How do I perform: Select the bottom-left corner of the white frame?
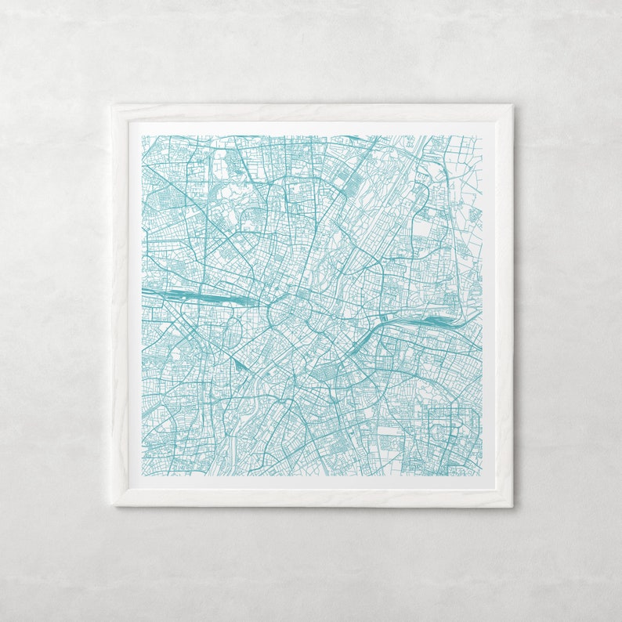click(114, 504)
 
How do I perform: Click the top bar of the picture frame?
click(313, 113)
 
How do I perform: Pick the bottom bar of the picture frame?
click(313, 497)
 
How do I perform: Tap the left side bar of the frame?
click(121, 306)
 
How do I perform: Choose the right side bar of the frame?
click(504, 306)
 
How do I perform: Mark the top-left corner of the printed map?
click(142, 136)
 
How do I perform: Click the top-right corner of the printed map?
click(482, 136)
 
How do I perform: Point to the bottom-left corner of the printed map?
click(142, 476)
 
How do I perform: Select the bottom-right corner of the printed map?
click(482, 476)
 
